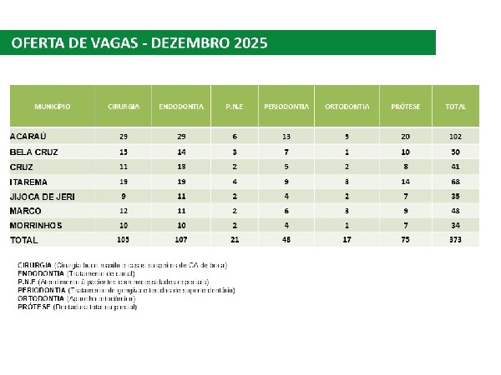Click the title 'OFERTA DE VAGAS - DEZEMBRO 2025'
pos(139,42)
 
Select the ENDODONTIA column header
pos(178,108)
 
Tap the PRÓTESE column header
pos(405,108)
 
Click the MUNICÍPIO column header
pos(52,108)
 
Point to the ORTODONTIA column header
pos(342,108)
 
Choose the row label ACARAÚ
pos(28,136)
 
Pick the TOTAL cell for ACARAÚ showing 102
pos(455,136)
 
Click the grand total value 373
pos(455,240)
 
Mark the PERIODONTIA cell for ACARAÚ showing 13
pos(286,136)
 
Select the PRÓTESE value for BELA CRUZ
pos(405,152)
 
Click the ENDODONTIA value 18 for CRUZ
pos(178,167)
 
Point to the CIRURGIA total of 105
pos(124,240)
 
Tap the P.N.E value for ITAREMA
pos(234,181)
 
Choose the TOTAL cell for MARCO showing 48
pos(455,211)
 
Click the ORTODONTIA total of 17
pos(342,240)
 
